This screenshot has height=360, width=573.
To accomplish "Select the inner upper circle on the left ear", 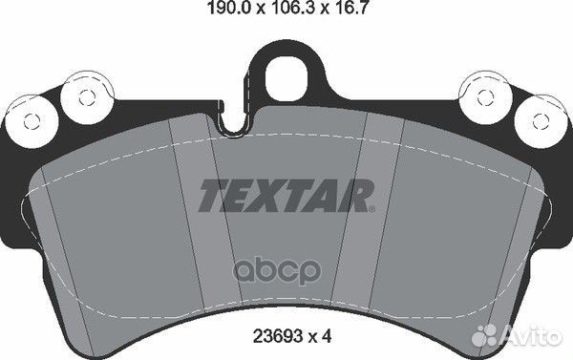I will click(x=83, y=95).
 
